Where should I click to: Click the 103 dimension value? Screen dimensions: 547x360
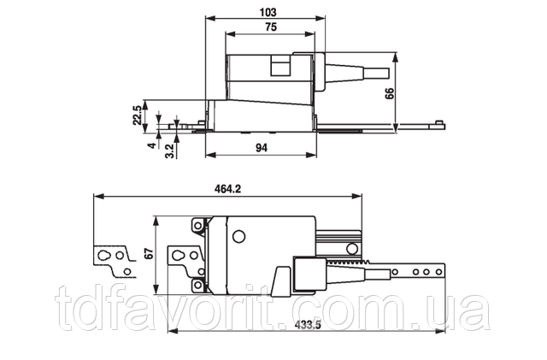pyautogui.click(x=268, y=13)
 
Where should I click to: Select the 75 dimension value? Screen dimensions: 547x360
pyautogui.click(x=271, y=27)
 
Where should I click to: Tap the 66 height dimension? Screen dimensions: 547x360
pyautogui.click(x=390, y=93)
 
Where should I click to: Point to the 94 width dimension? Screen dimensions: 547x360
pyautogui.click(x=262, y=148)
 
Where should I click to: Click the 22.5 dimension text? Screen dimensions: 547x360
pyautogui.click(x=138, y=115)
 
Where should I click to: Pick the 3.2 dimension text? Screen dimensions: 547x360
pyautogui.click(x=170, y=150)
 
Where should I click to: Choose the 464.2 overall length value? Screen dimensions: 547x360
pyautogui.click(x=227, y=189)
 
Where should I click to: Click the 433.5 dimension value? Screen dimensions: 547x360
pyautogui.click(x=308, y=325)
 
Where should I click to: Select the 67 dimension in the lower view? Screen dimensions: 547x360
pyautogui.click(x=149, y=253)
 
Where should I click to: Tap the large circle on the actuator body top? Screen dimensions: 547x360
pyautogui.click(x=239, y=237)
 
